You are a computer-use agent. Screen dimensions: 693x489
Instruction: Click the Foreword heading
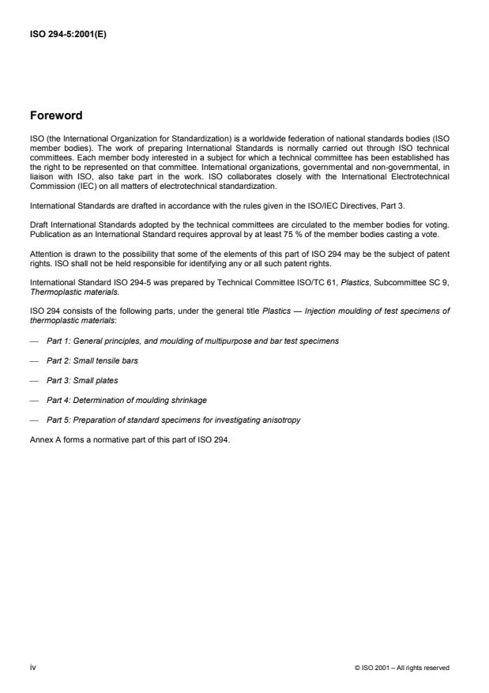(55, 115)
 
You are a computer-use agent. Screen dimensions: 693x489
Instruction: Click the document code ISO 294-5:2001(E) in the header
(67, 34)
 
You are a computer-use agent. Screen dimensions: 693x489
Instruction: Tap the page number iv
(33, 668)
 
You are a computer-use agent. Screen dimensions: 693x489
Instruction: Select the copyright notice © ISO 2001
(402, 669)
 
